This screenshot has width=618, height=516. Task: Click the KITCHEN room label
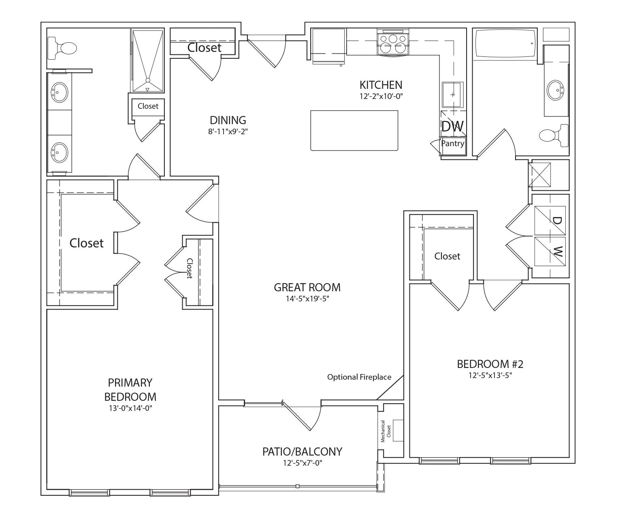pyautogui.click(x=381, y=85)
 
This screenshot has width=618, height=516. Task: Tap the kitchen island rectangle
pyautogui.click(x=354, y=130)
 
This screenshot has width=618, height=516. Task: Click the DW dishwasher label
pyautogui.click(x=452, y=126)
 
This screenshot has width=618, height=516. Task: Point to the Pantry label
pyautogui.click(x=452, y=143)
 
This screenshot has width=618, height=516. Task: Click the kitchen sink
pyautogui.click(x=452, y=95)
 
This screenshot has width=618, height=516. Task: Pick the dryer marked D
pyautogui.click(x=550, y=221)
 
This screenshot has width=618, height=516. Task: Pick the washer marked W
pyautogui.click(x=550, y=252)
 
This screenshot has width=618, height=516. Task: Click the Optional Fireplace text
pyautogui.click(x=359, y=377)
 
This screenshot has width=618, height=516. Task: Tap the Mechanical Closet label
pyautogui.click(x=386, y=431)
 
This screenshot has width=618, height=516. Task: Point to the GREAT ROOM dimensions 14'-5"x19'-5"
pyautogui.click(x=307, y=299)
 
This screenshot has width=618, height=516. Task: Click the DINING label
pyautogui.click(x=228, y=120)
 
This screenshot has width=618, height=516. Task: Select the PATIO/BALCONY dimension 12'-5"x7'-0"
pyautogui.click(x=302, y=463)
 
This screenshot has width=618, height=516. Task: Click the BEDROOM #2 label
pyautogui.click(x=490, y=364)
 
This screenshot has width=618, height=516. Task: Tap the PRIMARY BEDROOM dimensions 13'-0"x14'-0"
pyautogui.click(x=130, y=408)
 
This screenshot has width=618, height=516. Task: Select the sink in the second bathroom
pyautogui.click(x=555, y=90)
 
